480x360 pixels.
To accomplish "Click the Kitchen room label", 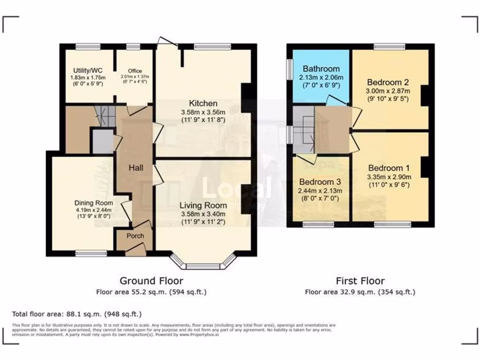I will click(x=203, y=103).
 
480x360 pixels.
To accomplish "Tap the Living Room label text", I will click(x=203, y=205).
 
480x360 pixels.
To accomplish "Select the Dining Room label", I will click(x=94, y=203).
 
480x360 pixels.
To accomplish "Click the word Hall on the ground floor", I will click(x=136, y=168).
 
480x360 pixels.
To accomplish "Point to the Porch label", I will click(x=135, y=236).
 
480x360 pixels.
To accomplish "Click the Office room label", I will click(x=135, y=71).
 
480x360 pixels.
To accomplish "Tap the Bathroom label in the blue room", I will click(x=321, y=69).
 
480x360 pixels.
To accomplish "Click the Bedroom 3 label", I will click(x=320, y=182).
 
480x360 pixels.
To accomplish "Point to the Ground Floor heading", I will click(x=151, y=281).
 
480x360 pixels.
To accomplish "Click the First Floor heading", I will click(x=360, y=281).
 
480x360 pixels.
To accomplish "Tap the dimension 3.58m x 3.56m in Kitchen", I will click(x=203, y=112).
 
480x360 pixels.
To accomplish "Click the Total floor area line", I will click(x=77, y=314).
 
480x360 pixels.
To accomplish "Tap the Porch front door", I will click(x=136, y=251).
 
